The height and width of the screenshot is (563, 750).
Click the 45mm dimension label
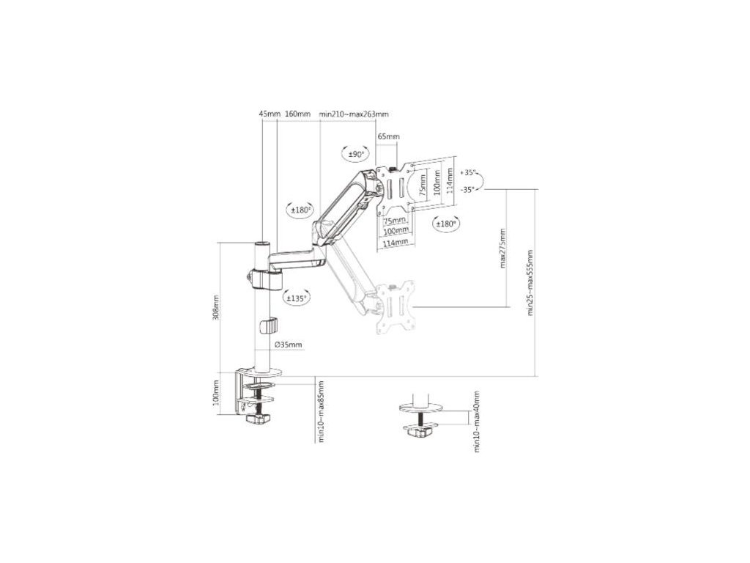(x=270, y=114)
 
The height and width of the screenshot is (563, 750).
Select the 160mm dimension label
(x=297, y=114)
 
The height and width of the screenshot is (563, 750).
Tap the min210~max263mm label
(x=354, y=114)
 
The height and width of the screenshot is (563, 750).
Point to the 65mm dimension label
(x=388, y=137)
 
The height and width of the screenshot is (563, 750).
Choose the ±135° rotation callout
(x=297, y=298)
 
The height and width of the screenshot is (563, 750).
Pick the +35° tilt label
(x=469, y=173)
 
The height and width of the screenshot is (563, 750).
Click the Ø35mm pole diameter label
(x=288, y=345)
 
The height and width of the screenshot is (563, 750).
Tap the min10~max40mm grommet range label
(x=476, y=422)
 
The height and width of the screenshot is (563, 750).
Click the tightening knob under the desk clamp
(x=258, y=419)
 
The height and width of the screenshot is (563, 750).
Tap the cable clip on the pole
(x=271, y=324)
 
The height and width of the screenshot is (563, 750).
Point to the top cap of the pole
(x=261, y=243)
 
